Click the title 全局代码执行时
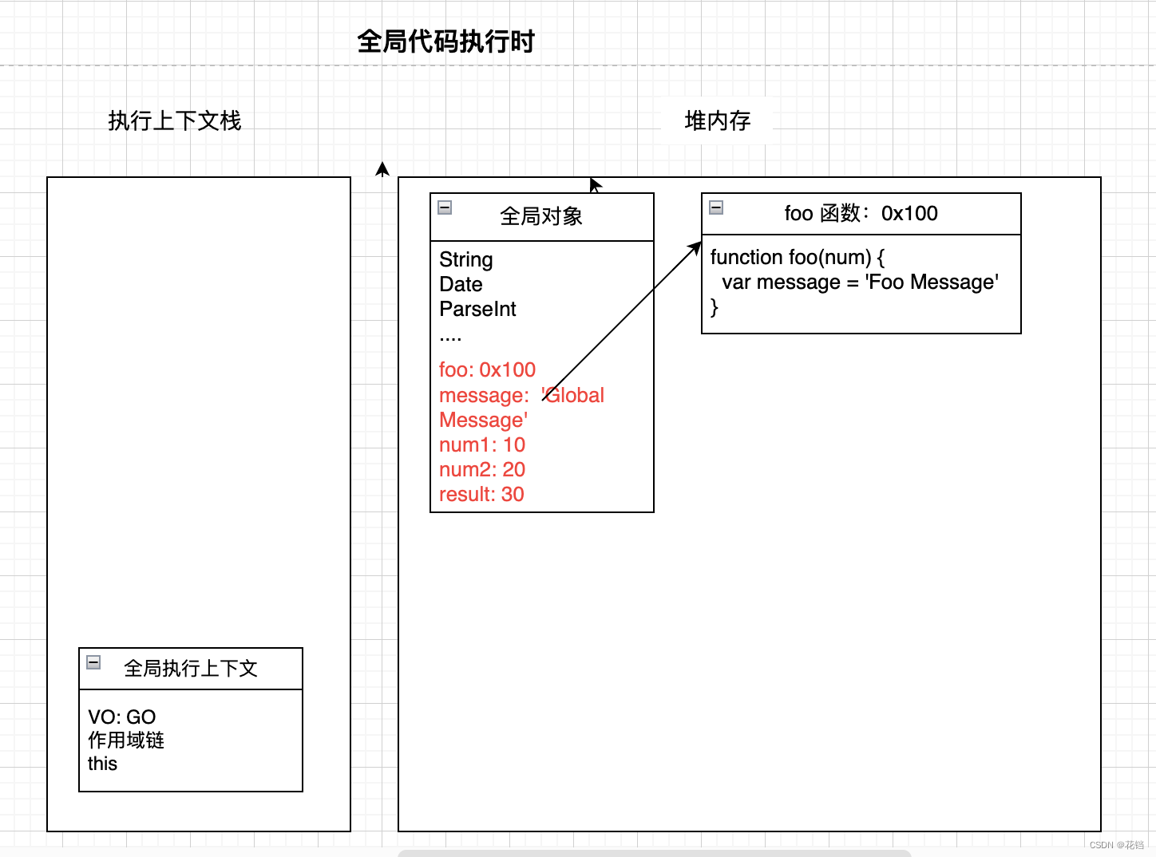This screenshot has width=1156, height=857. tap(445, 41)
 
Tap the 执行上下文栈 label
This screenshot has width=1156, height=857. tap(175, 120)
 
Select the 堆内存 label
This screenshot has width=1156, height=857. tap(718, 120)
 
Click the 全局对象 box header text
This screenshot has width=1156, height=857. tap(541, 216)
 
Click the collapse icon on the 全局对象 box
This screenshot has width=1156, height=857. tap(445, 207)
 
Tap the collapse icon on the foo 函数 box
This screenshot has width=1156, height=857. tap(717, 207)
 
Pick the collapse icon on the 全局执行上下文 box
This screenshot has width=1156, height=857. tap(93, 662)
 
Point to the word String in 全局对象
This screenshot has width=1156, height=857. tap(466, 259)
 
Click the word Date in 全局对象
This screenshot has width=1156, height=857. tap(461, 284)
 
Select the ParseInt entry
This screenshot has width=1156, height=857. tap(477, 309)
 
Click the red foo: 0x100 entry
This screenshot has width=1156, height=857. tap(487, 369)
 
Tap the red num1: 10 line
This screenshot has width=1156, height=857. tap(482, 444)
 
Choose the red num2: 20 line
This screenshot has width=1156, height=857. tap(482, 469)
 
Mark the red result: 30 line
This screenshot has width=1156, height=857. tap(481, 494)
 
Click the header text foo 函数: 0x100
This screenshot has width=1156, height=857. tap(861, 213)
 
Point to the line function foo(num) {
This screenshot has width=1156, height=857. tap(797, 257)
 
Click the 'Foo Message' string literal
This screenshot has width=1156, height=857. tap(932, 282)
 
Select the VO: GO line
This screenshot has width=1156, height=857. tap(122, 717)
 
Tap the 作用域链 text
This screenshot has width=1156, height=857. tap(126, 740)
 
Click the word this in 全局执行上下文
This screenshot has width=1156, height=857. tap(102, 764)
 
